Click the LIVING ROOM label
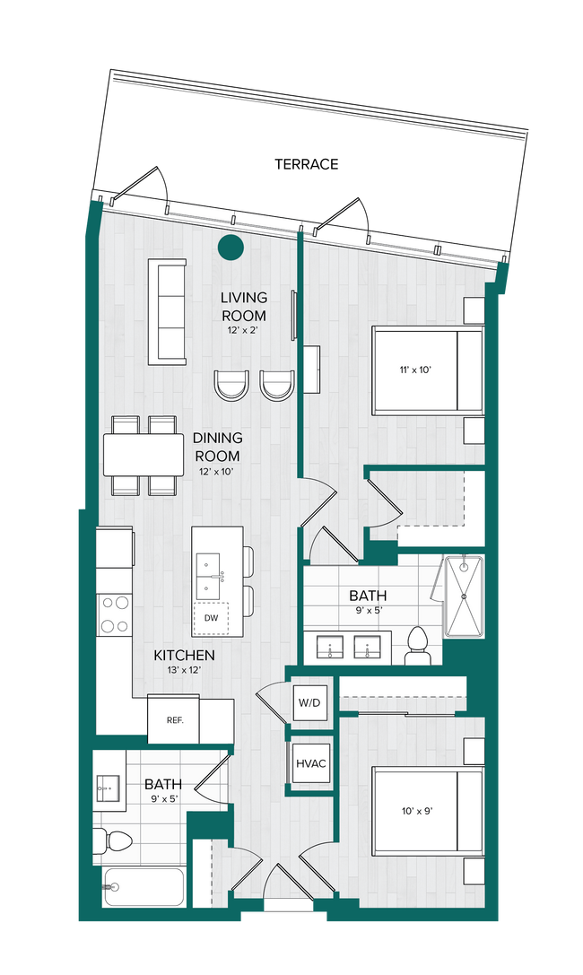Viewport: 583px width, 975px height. tap(243, 306)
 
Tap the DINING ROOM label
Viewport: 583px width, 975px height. tap(216, 447)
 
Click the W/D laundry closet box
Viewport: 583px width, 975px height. tap(307, 701)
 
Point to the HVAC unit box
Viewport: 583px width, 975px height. tap(309, 763)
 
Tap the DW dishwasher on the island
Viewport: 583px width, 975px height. tap(211, 617)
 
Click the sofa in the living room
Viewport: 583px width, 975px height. tap(167, 312)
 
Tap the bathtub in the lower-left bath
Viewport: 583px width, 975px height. tap(144, 887)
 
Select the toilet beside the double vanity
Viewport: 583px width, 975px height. tap(417, 643)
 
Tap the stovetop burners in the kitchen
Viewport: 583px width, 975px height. tap(114, 615)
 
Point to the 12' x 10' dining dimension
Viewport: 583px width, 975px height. tap(216, 471)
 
